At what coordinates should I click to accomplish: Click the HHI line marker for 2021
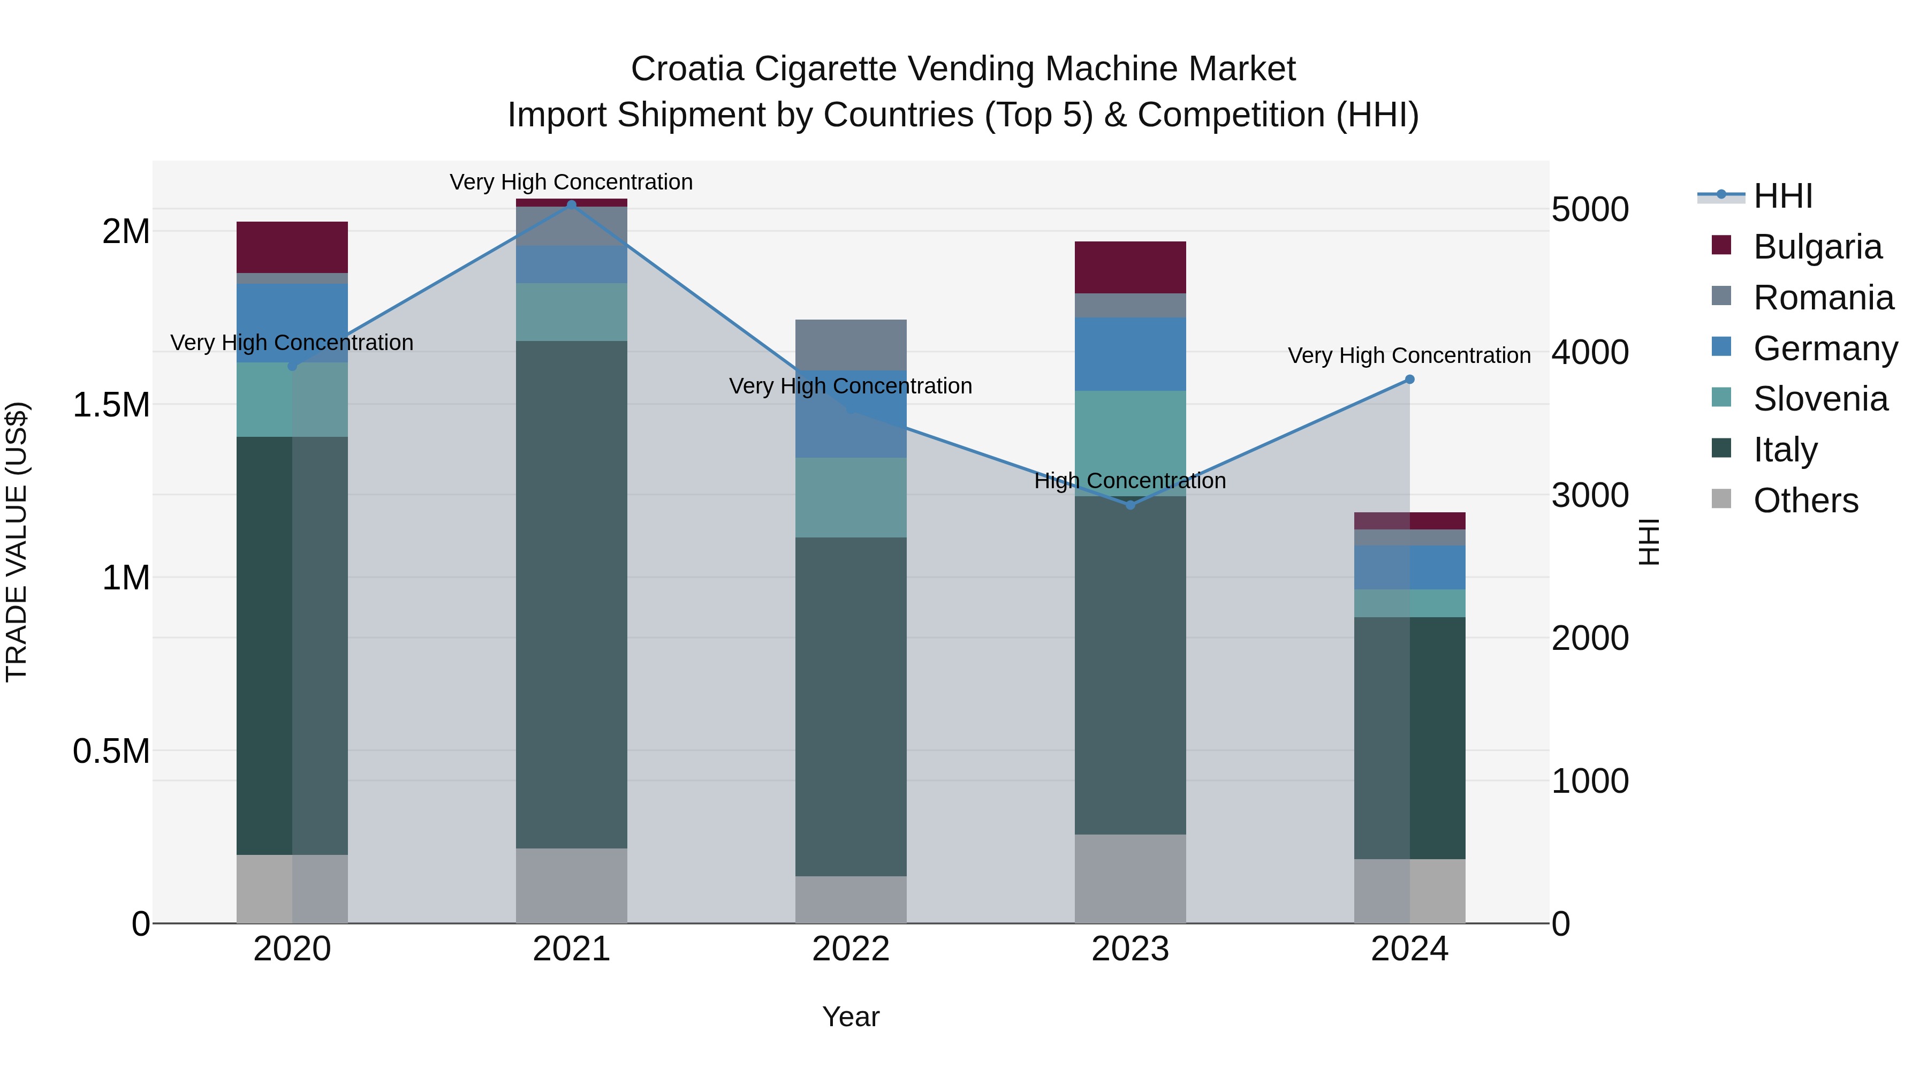click(x=572, y=204)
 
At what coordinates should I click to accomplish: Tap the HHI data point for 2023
click(x=1131, y=505)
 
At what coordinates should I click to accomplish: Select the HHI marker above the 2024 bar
click(x=1409, y=380)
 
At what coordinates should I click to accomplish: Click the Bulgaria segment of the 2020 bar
click(x=292, y=247)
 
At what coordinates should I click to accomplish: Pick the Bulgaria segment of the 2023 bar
click(x=1131, y=267)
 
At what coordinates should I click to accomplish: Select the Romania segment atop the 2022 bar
click(x=851, y=344)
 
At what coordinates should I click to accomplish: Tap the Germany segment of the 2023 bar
click(x=1131, y=354)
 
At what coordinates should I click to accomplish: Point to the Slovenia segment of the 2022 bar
click(x=851, y=497)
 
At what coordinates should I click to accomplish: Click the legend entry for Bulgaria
click(x=1817, y=247)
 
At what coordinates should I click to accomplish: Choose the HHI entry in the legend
click(x=1782, y=196)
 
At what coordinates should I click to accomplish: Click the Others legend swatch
click(x=1721, y=499)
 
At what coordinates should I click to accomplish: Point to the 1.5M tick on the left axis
click(x=111, y=405)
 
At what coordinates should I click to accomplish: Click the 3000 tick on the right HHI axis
click(x=1590, y=495)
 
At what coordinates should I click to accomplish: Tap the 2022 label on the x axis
click(x=851, y=949)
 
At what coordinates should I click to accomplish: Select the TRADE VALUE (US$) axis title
click(x=17, y=542)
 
